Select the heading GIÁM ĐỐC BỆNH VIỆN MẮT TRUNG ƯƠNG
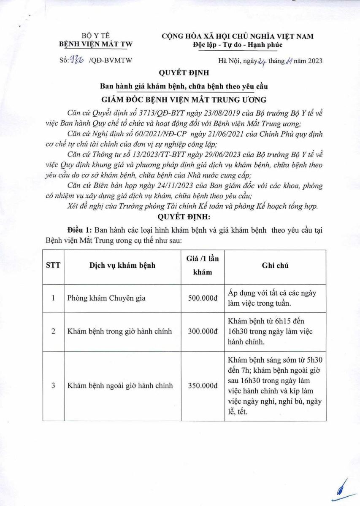pos(181,100)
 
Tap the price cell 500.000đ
pos(202,298)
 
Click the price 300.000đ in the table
pos(202,331)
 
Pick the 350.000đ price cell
pos(202,385)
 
